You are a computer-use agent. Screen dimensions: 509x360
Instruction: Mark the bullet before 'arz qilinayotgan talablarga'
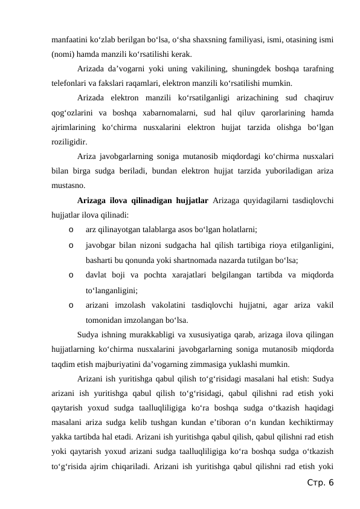coord(72,229)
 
